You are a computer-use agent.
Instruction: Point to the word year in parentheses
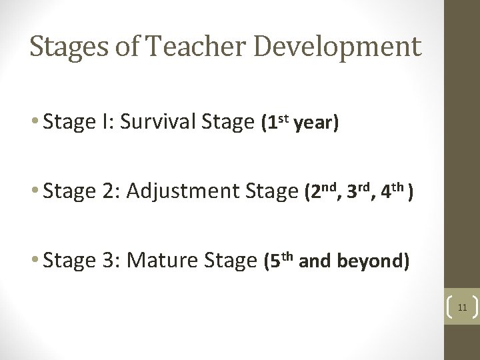[x=317, y=124]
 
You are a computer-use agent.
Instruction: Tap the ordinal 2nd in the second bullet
[x=321, y=191]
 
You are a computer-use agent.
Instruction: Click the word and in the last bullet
[x=316, y=262]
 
